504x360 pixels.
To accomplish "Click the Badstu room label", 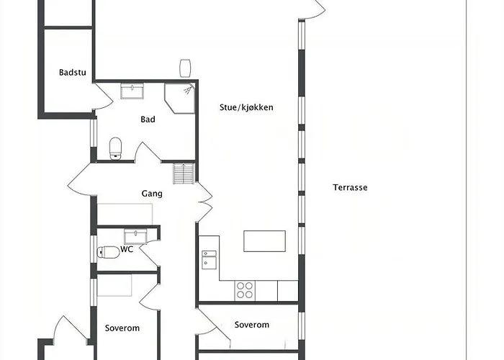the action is click(x=73, y=72).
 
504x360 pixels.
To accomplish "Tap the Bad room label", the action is click(x=148, y=120).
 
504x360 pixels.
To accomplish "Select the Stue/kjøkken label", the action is click(x=246, y=107).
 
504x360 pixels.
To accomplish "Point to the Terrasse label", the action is click(x=350, y=187).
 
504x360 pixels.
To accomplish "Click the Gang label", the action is click(x=152, y=194).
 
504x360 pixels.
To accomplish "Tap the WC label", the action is click(x=127, y=249).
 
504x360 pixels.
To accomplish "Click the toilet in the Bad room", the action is click(x=115, y=148).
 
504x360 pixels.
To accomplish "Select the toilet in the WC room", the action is click(x=108, y=252).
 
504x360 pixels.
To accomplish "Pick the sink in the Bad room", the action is click(x=132, y=91).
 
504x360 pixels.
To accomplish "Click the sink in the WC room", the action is click(x=135, y=236).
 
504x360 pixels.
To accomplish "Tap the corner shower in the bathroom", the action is click(x=180, y=99).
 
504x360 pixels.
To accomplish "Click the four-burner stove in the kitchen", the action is click(x=245, y=291).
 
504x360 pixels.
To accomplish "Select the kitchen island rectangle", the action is click(x=264, y=241).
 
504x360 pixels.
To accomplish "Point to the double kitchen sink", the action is click(x=209, y=260).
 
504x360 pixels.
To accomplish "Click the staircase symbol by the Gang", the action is click(x=184, y=174).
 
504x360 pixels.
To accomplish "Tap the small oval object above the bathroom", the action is click(x=185, y=68).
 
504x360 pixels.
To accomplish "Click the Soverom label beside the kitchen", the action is click(x=252, y=325).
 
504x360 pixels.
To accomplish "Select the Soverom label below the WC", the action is click(x=122, y=328).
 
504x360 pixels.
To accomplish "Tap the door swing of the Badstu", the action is click(x=104, y=96).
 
